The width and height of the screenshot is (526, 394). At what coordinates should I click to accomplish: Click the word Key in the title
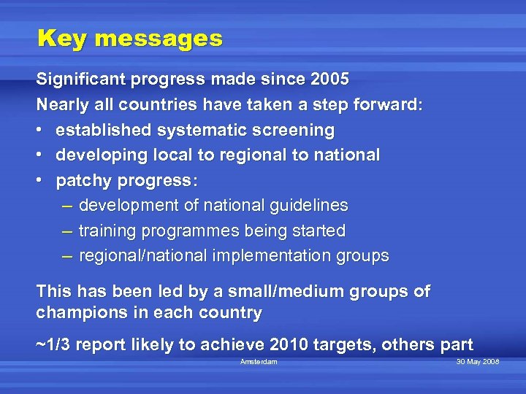tap(61, 39)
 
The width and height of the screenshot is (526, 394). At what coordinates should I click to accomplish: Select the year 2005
tap(325, 79)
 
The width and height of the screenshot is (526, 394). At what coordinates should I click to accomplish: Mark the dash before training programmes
tap(67, 231)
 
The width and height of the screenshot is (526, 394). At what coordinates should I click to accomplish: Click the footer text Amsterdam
tap(259, 362)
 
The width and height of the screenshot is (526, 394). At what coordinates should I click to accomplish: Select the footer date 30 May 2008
tap(478, 362)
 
